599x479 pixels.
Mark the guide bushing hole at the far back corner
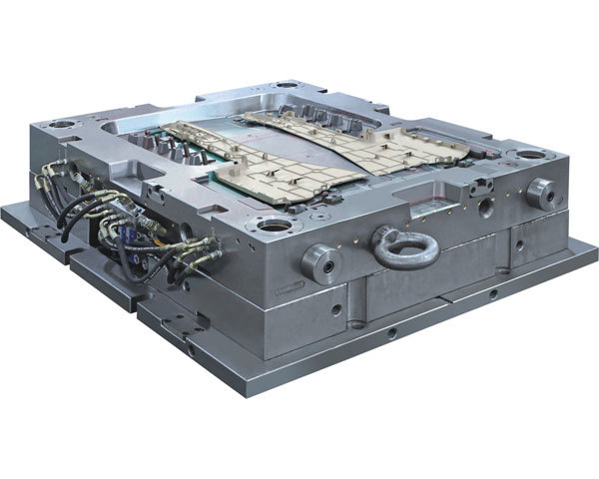[287, 86]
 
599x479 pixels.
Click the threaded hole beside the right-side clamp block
[485, 208]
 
